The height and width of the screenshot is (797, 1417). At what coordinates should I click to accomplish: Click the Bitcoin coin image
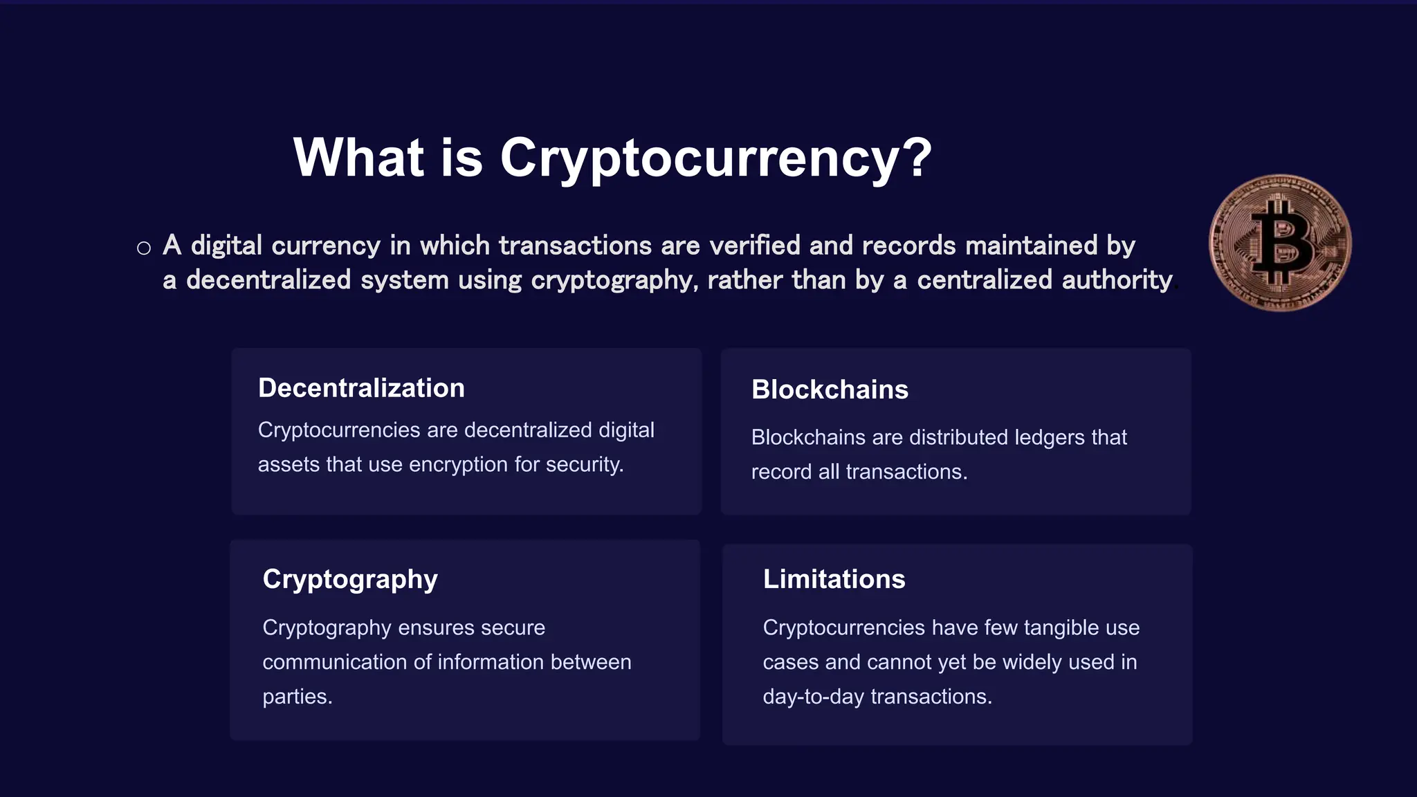tap(1280, 243)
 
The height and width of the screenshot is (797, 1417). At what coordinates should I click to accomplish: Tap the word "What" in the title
tap(358, 157)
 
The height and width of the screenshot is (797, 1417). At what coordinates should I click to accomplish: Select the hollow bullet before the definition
tap(144, 248)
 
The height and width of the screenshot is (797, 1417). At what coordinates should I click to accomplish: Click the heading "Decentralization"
tap(361, 388)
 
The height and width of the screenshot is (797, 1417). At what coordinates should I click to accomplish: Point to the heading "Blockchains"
tap(830, 390)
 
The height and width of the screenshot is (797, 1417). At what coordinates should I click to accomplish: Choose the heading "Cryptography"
tap(350, 580)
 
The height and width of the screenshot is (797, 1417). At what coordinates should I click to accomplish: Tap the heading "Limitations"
tap(834, 579)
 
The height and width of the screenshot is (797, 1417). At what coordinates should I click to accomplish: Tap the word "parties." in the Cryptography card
tap(298, 697)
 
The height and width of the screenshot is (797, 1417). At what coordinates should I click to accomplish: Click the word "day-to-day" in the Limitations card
tap(814, 697)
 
